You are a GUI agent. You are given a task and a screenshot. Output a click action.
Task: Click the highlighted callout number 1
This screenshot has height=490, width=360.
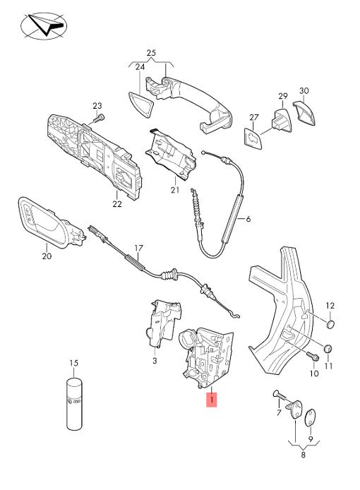pos(212,399)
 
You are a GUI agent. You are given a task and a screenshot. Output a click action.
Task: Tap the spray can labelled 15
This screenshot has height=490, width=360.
pos(74,404)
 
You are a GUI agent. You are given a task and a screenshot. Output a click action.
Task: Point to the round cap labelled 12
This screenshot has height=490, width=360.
pos(330,324)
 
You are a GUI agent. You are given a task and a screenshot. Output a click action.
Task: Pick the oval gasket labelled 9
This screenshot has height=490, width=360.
pos(310,417)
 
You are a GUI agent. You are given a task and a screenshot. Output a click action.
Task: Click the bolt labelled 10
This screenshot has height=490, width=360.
pos(313,357)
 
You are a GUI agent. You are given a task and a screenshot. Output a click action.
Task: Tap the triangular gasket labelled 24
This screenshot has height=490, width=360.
pos(141,104)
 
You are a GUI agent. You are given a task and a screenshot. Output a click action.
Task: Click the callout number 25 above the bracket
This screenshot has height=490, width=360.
pos(151,53)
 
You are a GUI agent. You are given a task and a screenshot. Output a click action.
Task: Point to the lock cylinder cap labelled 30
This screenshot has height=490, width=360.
pos(304,112)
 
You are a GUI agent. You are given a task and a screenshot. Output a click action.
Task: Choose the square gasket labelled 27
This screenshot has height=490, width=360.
pos(253,138)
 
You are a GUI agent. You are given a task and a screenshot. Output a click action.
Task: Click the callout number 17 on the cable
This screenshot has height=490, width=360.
pos(139,248)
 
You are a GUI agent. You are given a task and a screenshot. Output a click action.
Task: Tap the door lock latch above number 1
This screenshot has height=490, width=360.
pos(208,357)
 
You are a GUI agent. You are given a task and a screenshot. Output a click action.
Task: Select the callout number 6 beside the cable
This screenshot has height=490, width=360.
pos(248,219)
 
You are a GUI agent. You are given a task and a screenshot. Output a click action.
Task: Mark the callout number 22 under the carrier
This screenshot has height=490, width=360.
pos(117,204)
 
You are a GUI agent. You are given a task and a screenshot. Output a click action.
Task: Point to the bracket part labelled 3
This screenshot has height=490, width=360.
pos(163,323)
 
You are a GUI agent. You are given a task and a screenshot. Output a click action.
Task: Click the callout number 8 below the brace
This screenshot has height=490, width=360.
pos(303,455)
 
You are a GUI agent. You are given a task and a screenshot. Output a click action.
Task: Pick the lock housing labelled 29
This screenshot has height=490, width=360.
pos(282,120)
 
